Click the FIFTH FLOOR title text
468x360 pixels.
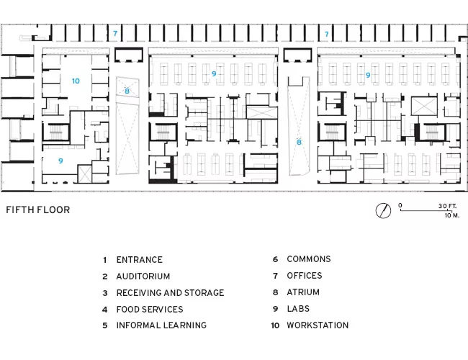point(38,210)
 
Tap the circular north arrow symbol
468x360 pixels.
point(383,210)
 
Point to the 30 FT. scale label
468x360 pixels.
point(447,206)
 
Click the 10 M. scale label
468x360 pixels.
point(452,215)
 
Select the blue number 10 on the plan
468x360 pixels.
point(76,81)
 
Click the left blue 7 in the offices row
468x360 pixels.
point(115,33)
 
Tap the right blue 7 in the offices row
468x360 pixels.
point(327,34)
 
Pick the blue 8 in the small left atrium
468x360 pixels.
point(127,91)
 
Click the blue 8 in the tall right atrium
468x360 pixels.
point(299,142)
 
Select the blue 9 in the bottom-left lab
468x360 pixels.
point(60,161)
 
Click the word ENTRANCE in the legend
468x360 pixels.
point(140,260)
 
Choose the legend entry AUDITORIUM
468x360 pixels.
point(143,276)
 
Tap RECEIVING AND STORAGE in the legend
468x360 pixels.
point(170,293)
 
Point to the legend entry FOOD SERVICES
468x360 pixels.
point(150,310)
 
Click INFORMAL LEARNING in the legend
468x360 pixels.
point(161,325)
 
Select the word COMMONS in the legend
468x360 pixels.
point(309,258)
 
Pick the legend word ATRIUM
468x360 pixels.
point(303,292)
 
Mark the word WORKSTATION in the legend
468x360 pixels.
point(318,325)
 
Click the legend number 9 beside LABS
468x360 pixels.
point(276,309)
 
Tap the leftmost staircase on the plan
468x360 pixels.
point(55,132)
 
